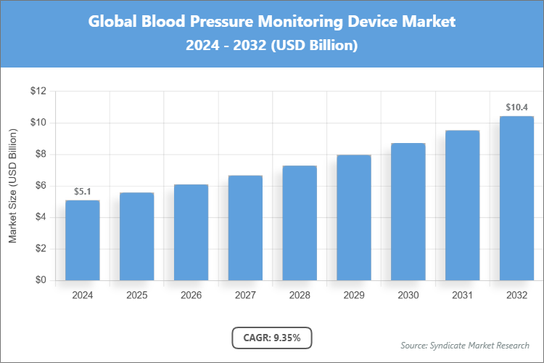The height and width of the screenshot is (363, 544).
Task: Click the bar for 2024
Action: coord(82,240)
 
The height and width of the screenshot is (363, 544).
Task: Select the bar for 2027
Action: coord(245,228)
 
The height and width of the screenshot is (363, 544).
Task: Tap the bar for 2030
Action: coord(408,212)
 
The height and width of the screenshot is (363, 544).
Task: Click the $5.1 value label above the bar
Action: coord(82,192)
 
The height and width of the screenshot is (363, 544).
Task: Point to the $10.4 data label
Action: coord(516,107)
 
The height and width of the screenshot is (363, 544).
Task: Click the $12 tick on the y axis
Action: coord(38,91)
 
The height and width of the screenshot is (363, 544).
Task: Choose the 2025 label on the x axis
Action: coord(136,295)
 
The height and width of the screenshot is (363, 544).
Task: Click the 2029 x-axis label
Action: coord(353,295)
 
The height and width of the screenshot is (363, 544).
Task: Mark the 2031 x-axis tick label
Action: coord(462,295)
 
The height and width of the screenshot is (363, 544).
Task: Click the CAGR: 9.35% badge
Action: coord(272,338)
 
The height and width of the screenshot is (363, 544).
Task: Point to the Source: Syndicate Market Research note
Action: coord(465,345)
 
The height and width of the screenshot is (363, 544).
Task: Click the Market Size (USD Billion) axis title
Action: coord(12,186)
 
